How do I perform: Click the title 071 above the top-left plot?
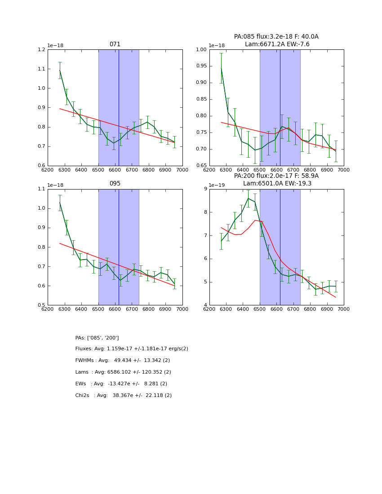pyautogui.click(x=115, y=44)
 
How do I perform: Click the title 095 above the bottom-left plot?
pyautogui.click(x=115, y=184)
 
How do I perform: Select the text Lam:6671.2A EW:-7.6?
pyautogui.click(x=277, y=44)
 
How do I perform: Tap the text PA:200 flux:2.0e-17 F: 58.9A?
pyautogui.click(x=276, y=176)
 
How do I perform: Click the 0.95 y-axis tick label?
pyautogui.click(x=201, y=66)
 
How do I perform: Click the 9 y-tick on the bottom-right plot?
pyautogui.click(x=205, y=189)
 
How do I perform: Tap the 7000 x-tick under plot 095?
pyautogui.click(x=182, y=309)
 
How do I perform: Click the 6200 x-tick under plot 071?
pyautogui.click(x=48, y=169)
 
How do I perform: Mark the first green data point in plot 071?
pyautogui.click(x=60, y=70)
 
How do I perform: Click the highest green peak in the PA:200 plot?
pyautogui.click(x=248, y=198)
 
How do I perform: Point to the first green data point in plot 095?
pyautogui.click(x=60, y=203)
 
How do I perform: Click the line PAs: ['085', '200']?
pyautogui.click(x=97, y=338)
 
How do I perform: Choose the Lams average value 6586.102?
pyautogui.click(x=125, y=372)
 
